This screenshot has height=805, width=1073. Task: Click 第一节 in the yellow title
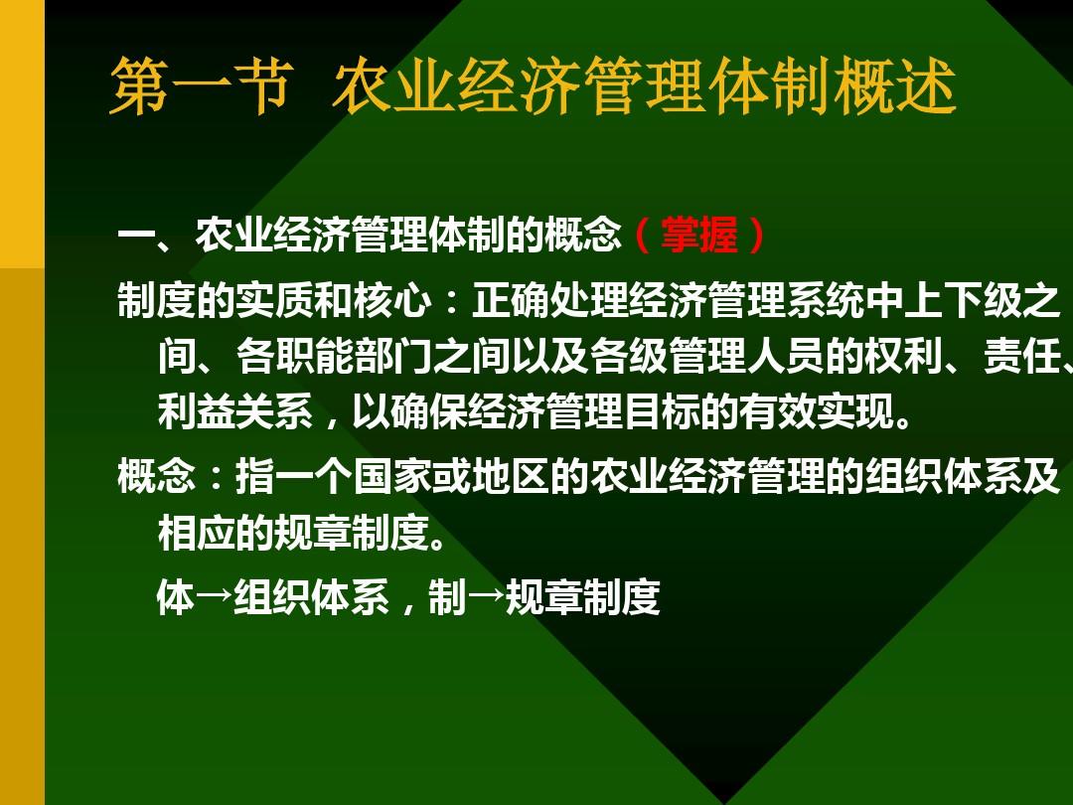pyautogui.click(x=199, y=87)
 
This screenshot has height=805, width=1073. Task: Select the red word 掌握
pyautogui.click(x=699, y=237)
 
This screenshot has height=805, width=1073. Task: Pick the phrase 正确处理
pyautogui.click(x=549, y=301)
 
